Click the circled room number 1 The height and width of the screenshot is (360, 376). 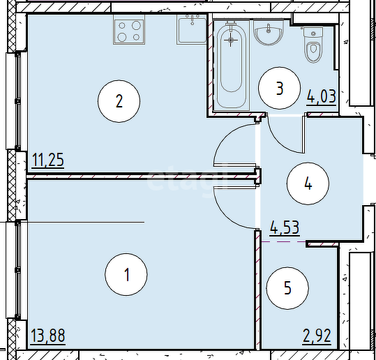pos(126,274)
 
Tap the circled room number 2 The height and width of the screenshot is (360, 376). pos(119,101)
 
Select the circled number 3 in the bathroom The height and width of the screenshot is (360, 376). pos(279,88)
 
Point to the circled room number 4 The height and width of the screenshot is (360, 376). pos(308,183)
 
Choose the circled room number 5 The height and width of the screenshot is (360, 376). pos(287,288)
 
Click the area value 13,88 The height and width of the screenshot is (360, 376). pos(48,336)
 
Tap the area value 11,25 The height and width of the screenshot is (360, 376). pos(47,160)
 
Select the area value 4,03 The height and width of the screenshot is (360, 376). pos(322,96)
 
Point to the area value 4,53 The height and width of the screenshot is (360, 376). pos(285,227)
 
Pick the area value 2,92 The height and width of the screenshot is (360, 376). pos(317,336)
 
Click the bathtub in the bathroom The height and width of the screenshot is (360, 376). pos(231,65)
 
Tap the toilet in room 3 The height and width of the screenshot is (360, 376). pos(313,45)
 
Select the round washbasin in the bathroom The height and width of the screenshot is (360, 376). pos(269,33)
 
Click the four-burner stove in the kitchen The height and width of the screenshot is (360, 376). pos(129,29)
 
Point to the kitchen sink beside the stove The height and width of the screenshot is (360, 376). pos(192,29)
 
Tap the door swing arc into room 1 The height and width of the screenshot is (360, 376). pos(221,213)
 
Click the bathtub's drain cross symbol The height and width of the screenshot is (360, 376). pos(231,40)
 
